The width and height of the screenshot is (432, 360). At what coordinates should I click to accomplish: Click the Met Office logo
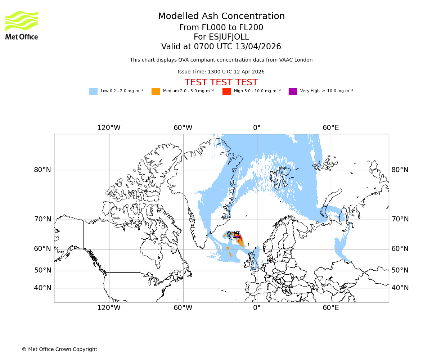[22, 25]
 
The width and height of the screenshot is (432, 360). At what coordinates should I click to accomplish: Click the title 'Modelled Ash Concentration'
[221, 17]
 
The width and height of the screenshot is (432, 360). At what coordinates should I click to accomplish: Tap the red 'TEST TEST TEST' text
[221, 82]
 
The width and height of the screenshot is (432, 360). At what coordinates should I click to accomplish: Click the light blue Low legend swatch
[93, 91]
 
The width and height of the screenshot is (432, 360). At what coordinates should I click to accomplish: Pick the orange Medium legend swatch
[156, 91]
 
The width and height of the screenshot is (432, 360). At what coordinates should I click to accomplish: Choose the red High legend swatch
[226, 91]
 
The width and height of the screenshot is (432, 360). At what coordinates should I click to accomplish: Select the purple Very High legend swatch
[293, 91]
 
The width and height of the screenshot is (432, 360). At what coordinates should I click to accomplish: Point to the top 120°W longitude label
[109, 128]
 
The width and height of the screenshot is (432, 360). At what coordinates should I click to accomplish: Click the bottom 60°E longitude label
[330, 308]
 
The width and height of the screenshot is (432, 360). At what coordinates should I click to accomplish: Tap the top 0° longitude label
[257, 128]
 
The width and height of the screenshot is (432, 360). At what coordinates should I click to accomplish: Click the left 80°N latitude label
[42, 170]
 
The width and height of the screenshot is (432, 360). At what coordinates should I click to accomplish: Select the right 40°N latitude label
[400, 288]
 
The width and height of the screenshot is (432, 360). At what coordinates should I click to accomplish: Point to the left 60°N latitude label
[42, 249]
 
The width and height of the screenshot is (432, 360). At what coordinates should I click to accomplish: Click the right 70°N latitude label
[400, 219]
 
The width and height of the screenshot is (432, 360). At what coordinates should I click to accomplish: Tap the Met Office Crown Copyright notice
[59, 349]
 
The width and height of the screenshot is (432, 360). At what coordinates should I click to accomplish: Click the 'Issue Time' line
[221, 72]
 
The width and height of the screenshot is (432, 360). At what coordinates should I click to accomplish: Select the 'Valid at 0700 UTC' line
[221, 47]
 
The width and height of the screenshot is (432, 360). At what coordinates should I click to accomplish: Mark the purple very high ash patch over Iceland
[237, 237]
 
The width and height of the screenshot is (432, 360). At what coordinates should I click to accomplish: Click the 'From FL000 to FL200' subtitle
[221, 28]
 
